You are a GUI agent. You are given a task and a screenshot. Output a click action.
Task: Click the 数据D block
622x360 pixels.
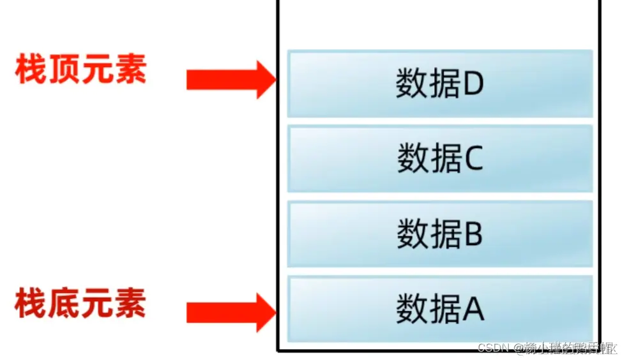tap(440, 84)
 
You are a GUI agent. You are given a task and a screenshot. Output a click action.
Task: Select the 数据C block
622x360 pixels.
tap(440, 159)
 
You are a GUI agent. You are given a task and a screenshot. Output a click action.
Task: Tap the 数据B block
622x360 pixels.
tap(440, 234)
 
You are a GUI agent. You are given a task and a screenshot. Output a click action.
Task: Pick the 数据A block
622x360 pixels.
tap(440, 309)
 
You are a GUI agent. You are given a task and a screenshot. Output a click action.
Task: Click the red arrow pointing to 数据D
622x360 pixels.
tap(231, 80)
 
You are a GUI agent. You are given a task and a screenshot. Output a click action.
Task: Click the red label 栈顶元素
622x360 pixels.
tap(81, 70)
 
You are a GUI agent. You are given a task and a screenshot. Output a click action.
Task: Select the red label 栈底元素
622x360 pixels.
tap(81, 303)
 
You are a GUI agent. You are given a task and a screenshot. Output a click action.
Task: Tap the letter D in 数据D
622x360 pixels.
tap(473, 84)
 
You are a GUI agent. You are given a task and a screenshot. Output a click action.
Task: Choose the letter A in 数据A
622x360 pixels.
tap(473, 310)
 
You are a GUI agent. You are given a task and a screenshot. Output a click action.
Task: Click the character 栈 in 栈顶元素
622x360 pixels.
tap(31, 70)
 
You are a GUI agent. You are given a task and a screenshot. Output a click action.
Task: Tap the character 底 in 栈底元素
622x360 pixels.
tap(64, 303)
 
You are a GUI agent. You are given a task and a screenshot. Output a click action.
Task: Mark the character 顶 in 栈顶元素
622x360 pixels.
tap(64, 70)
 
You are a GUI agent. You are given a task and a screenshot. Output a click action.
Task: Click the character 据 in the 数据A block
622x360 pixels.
tap(444, 310)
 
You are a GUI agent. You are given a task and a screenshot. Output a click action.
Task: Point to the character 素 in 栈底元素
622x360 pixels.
tap(131, 303)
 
